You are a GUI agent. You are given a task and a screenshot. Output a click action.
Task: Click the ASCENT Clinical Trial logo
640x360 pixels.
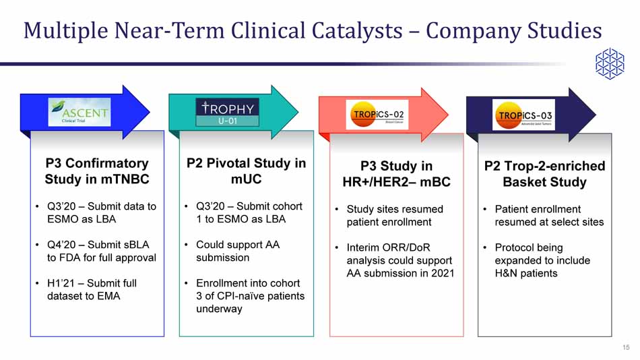coord(79,111)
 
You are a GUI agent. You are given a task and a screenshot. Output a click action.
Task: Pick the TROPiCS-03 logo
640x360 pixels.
coord(524,115)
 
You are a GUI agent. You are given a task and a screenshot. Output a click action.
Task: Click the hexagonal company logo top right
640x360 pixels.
coord(609,63)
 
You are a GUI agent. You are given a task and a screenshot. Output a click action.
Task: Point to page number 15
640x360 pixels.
coord(626,347)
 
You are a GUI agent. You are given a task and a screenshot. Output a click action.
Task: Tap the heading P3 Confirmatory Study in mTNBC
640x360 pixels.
coord(97,171)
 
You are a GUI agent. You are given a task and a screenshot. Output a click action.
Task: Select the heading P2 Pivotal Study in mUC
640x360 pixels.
coord(246,171)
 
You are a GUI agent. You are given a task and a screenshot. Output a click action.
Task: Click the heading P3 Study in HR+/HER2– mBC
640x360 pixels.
coord(396,174)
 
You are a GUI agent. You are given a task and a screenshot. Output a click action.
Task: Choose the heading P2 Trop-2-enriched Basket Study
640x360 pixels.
coord(544,174)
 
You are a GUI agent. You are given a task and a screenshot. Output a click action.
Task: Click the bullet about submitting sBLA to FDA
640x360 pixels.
coord(101,251)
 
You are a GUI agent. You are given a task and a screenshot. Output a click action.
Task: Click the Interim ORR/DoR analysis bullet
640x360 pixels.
coord(399,260)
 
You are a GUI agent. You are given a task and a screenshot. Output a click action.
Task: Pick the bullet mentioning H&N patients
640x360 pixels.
coord(542,260)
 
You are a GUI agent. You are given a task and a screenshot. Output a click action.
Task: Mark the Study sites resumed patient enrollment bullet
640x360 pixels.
coord(394,216)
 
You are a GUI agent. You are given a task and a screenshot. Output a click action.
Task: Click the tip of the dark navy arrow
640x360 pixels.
coord(595,115)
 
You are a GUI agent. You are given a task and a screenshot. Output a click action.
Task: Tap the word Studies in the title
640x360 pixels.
coord(560,30)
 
